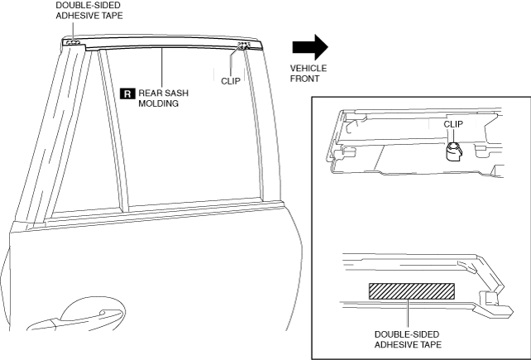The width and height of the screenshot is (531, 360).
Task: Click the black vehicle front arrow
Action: tap(309, 46)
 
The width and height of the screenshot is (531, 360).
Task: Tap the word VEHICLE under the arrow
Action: tap(308, 69)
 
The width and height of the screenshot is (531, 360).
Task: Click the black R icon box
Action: tap(127, 94)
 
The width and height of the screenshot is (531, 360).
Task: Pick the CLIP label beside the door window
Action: tap(231, 81)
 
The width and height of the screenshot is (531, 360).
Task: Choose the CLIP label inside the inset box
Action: tap(454, 124)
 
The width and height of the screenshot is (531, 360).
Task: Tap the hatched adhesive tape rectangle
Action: tap(411, 290)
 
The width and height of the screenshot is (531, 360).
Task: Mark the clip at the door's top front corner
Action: tap(242, 46)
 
